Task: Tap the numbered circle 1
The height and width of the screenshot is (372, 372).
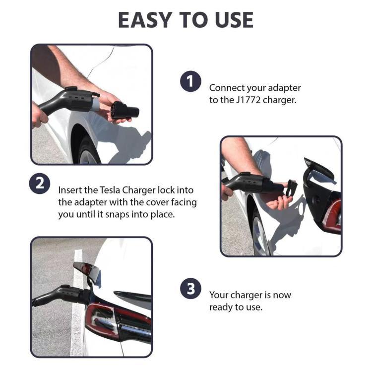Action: (x=190, y=81)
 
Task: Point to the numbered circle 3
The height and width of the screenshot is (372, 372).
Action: (x=190, y=289)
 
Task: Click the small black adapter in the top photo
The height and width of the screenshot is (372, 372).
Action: (x=124, y=110)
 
